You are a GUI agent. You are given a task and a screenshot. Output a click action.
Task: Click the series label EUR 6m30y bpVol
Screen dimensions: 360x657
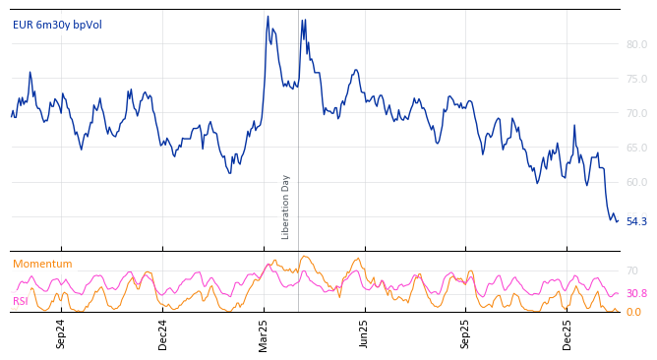[x=57, y=25]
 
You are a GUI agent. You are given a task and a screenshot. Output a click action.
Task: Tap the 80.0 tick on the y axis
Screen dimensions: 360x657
[x=636, y=44]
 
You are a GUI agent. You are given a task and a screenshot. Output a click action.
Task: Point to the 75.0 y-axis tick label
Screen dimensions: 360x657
[x=636, y=79]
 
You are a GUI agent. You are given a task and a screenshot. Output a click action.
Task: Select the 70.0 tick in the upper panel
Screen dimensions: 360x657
[x=636, y=113]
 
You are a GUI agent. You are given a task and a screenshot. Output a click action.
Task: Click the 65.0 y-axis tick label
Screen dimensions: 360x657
[x=636, y=148]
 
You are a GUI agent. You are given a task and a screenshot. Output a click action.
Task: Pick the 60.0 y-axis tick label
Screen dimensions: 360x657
[x=636, y=182]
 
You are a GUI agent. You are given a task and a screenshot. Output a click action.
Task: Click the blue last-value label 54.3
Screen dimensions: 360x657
[x=636, y=221]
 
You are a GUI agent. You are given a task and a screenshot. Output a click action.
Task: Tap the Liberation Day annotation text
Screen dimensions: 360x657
[x=286, y=207]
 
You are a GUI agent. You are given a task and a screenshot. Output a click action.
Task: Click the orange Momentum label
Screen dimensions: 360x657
[x=42, y=264]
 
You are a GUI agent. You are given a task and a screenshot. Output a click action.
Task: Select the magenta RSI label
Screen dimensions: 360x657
[x=21, y=301]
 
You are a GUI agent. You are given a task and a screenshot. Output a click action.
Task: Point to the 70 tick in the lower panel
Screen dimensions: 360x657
[x=632, y=270]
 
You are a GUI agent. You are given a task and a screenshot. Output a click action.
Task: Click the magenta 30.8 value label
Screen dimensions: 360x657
[x=636, y=293]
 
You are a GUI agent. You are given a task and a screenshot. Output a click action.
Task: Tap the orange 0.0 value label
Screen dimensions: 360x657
[x=633, y=312]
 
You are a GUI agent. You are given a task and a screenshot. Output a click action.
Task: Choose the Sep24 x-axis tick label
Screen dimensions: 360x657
[x=61, y=333]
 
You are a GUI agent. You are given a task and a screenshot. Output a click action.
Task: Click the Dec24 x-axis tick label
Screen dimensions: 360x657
[x=163, y=333]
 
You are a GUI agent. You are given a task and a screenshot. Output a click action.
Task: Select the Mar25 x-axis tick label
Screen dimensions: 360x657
[x=264, y=333]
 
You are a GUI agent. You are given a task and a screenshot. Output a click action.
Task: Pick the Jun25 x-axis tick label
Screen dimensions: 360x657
[x=364, y=333]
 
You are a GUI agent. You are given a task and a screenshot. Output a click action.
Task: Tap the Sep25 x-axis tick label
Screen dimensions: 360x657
[x=465, y=333]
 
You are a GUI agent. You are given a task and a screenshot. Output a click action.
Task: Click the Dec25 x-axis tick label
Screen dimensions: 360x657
[x=567, y=333]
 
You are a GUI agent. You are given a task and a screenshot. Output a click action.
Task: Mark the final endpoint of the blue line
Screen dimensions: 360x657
[x=618, y=221]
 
